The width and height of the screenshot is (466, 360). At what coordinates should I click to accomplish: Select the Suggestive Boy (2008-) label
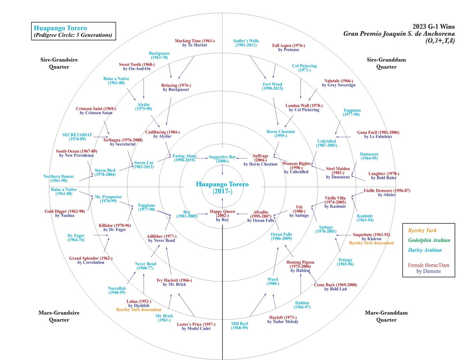point(222,159)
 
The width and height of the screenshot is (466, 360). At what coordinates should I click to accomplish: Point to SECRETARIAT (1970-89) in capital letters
point(77,137)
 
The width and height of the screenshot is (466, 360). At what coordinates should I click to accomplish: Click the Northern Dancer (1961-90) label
point(59,179)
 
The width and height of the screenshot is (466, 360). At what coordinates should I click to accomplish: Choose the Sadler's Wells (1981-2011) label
point(246,43)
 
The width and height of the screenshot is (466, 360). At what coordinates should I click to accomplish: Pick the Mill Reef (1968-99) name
point(240,325)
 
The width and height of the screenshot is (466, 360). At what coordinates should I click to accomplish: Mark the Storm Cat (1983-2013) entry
point(144,165)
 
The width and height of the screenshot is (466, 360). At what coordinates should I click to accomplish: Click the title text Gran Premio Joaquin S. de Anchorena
point(399,33)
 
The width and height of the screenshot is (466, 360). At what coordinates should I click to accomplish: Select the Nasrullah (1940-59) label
point(117,290)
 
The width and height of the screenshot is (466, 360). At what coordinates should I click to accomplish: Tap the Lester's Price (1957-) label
point(196,326)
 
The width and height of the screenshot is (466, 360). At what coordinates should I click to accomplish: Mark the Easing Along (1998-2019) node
point(184,158)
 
